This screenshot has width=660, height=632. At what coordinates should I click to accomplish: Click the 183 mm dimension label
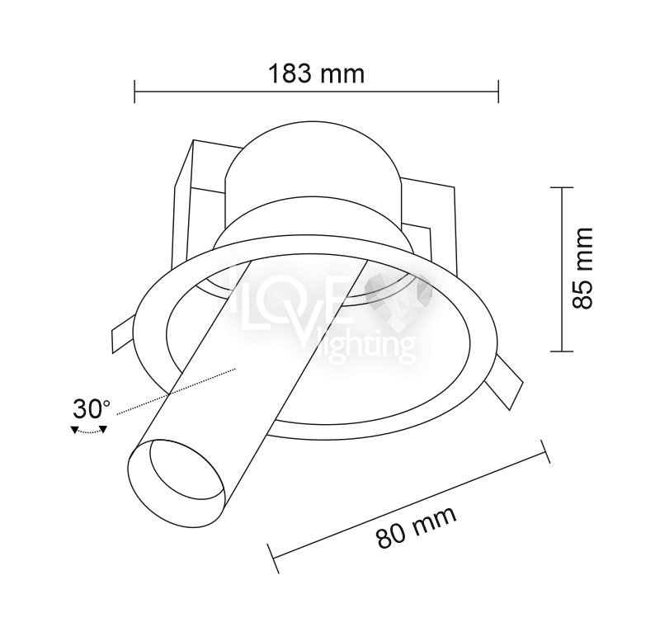pos(316,73)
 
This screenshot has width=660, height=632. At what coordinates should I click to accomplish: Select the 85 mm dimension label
pos(583,269)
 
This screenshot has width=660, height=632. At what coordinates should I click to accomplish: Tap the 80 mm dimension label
pos(416,526)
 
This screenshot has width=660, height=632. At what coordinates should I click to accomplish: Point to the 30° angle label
pos(92,409)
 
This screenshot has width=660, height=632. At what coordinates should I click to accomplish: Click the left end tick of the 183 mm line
pos(134,91)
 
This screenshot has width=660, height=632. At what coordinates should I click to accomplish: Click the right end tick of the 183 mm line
pos(498,91)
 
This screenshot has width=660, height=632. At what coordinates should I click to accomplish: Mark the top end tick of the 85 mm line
pos(562,187)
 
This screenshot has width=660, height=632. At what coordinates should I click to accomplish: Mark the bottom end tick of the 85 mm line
pos(562,351)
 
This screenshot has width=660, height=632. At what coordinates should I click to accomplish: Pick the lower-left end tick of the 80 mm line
pos(273,559)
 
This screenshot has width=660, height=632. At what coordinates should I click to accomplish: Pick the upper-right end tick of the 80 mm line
pos(545,451)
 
